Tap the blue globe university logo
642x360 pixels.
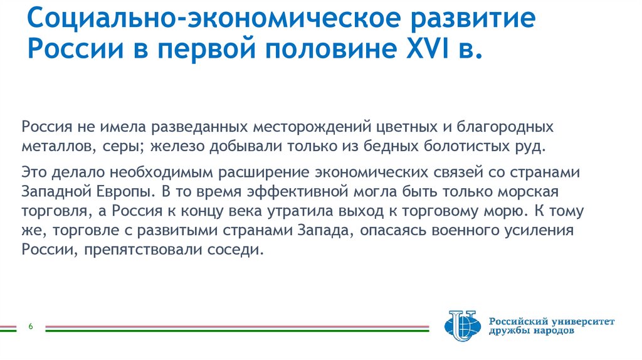(461, 324)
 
